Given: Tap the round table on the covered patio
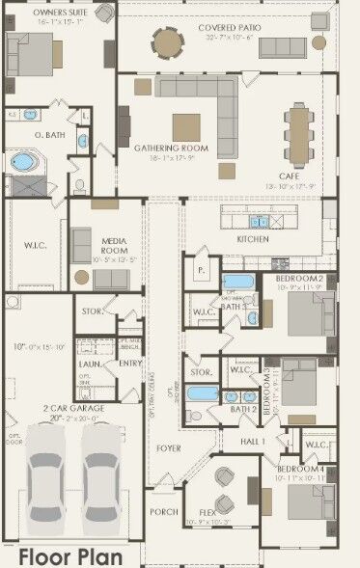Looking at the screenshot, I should pyautogui.click(x=168, y=42).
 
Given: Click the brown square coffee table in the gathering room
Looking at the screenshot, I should pyautogui.click(x=186, y=126).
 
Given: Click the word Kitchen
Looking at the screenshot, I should pyautogui.click(x=253, y=238).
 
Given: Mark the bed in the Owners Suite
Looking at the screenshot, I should pyautogui.click(x=31, y=55).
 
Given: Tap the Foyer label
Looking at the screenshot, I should pyautogui.click(x=170, y=447).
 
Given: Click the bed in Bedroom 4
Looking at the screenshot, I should pyautogui.click(x=311, y=500).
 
